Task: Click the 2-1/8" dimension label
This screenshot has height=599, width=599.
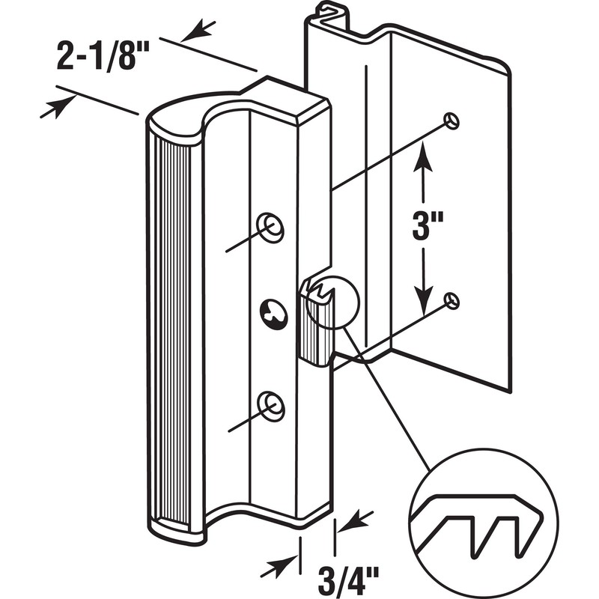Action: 103,57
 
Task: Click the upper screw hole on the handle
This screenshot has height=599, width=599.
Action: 269,225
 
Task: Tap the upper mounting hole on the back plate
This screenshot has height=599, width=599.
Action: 451,120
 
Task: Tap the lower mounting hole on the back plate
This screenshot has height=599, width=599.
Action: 451,299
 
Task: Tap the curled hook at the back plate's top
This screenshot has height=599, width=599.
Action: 329,10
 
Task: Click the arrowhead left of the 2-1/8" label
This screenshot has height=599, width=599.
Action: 50,108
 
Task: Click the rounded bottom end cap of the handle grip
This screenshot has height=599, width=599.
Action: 177,528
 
